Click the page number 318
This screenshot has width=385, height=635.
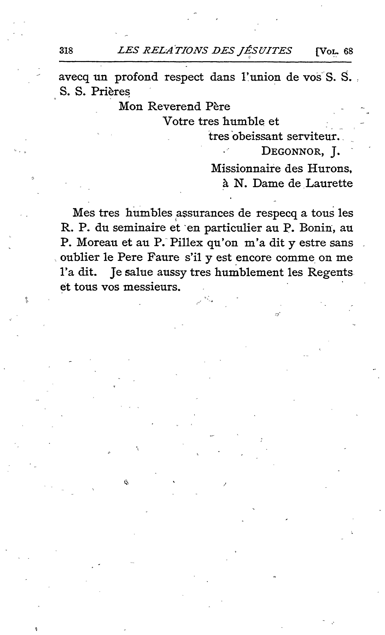tap(66, 50)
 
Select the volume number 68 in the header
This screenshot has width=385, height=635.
tap(348, 51)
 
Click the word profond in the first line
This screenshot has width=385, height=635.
tap(136, 77)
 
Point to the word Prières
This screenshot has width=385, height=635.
tap(110, 92)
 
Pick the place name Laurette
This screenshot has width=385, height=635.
tap(329, 183)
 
